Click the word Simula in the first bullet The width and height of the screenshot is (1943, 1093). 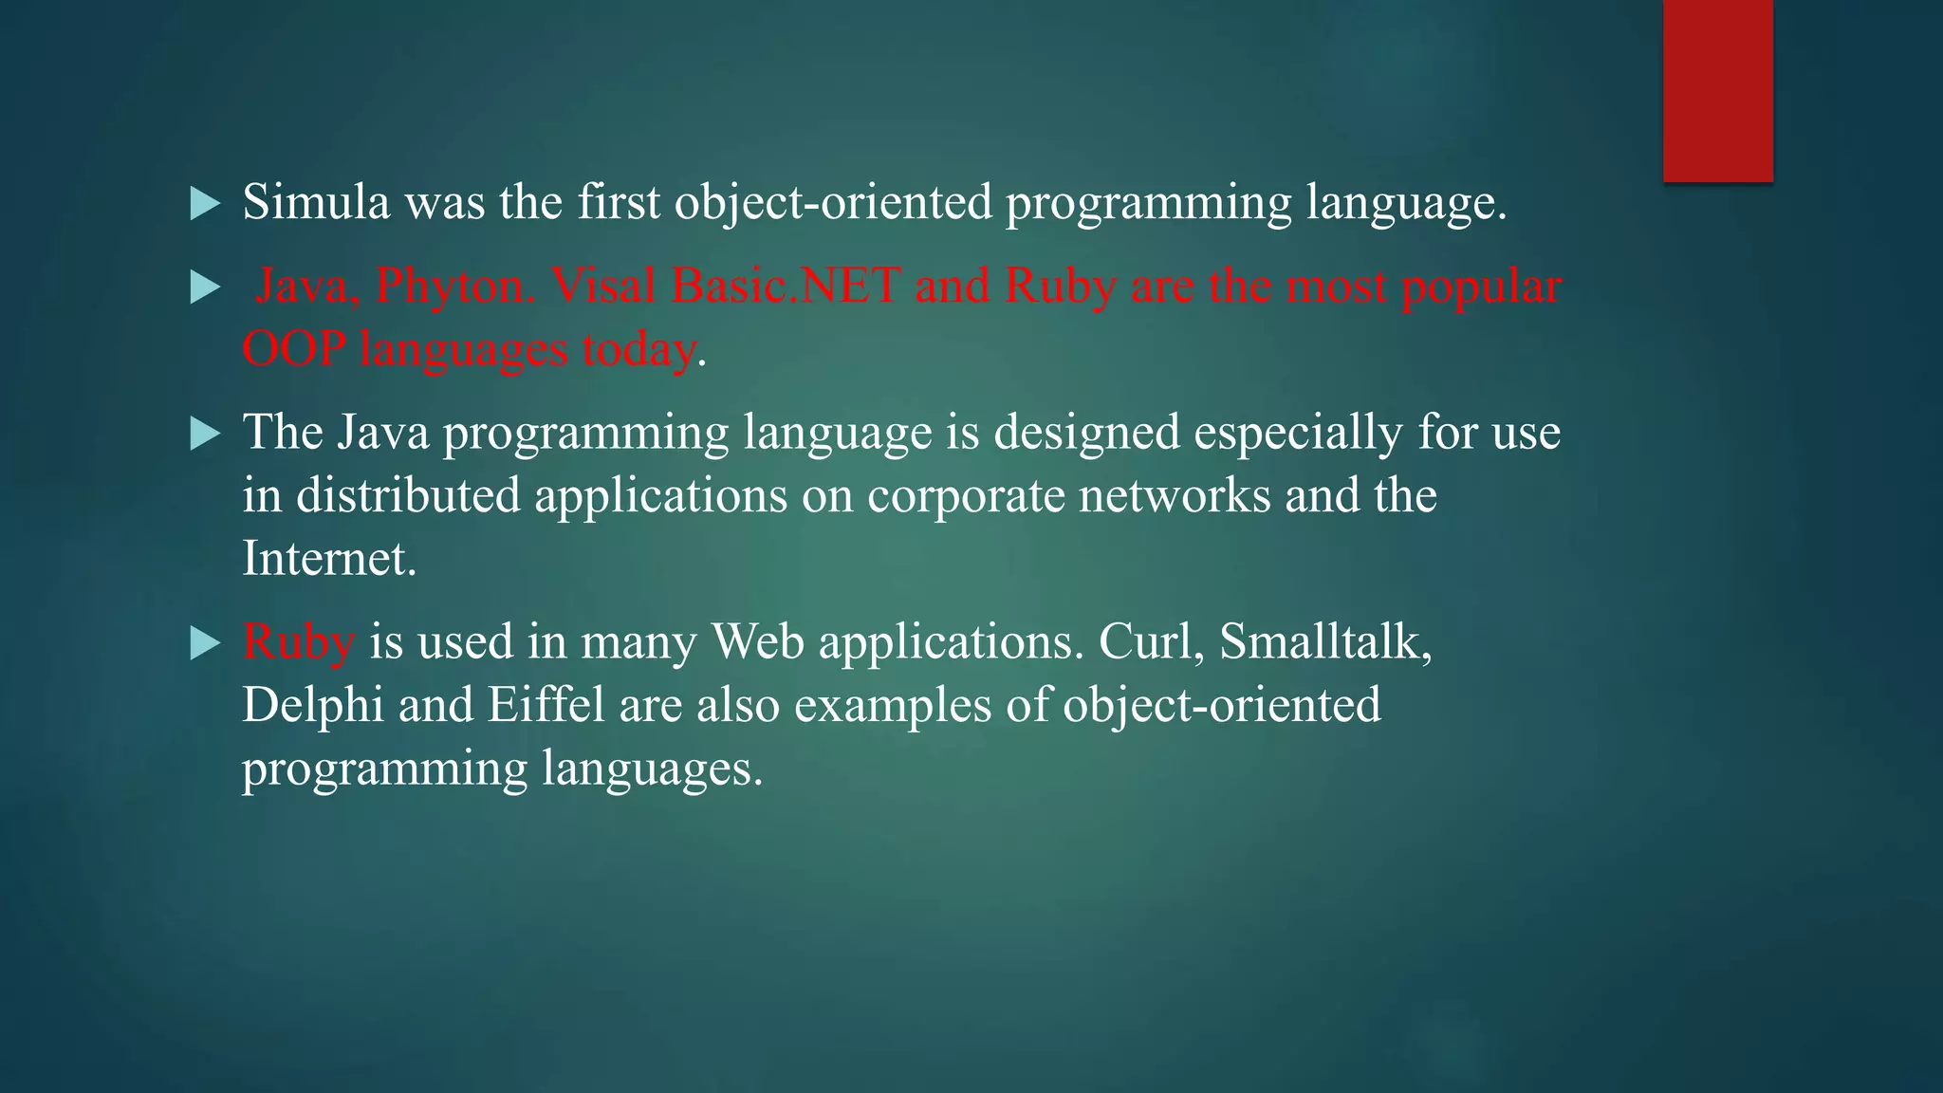(316, 202)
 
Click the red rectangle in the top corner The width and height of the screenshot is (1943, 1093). (1717, 90)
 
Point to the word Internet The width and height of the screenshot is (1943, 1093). (328, 558)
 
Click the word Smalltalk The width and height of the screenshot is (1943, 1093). (1324, 641)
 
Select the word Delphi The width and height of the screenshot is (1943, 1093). (312, 705)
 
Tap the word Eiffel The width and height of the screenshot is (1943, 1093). (546, 705)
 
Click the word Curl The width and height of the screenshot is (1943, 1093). (1152, 641)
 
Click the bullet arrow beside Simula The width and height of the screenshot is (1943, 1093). (204, 203)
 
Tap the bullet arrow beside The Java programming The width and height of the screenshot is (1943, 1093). (204, 435)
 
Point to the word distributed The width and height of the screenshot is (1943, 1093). (408, 495)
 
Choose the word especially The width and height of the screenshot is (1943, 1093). (1297, 433)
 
